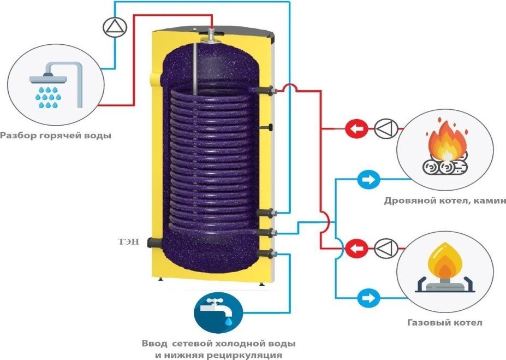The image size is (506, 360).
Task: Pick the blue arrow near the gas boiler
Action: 367,298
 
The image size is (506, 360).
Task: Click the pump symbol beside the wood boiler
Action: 384,129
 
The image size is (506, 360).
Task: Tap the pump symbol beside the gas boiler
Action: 384,249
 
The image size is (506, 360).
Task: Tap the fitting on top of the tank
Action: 211,37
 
